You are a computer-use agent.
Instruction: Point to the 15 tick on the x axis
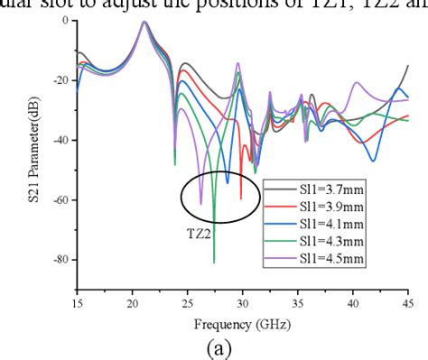pos(76,301)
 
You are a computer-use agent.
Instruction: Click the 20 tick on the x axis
pos(131,301)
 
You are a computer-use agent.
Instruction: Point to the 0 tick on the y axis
pos(65,20)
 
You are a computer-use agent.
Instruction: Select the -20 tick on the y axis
pos(60,79)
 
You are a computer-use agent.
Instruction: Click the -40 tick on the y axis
pos(60,140)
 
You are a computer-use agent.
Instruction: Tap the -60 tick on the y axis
pos(60,199)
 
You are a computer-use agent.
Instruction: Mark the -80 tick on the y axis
pos(60,260)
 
